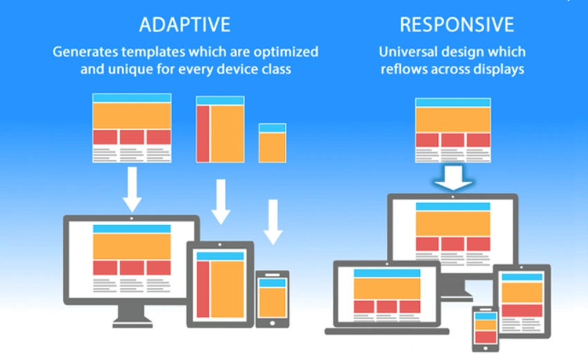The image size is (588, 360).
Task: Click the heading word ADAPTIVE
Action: coord(184,25)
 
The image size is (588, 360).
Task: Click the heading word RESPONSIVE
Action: coord(457,25)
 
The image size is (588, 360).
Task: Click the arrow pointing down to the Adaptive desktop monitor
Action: coord(131,190)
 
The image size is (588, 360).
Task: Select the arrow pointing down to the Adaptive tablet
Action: coord(221,201)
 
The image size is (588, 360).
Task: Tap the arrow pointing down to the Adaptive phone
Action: coord(273,222)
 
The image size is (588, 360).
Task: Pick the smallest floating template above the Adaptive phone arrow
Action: coord(272,143)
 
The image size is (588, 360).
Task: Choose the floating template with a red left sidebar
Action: coord(220,129)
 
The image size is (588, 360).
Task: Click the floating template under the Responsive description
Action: coord(453,129)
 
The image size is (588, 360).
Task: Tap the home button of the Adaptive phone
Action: coord(272,322)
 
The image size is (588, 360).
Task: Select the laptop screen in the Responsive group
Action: coord(387,294)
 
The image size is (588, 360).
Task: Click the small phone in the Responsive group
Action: coord(486,329)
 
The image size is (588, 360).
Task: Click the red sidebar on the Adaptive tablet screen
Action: coord(203,288)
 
